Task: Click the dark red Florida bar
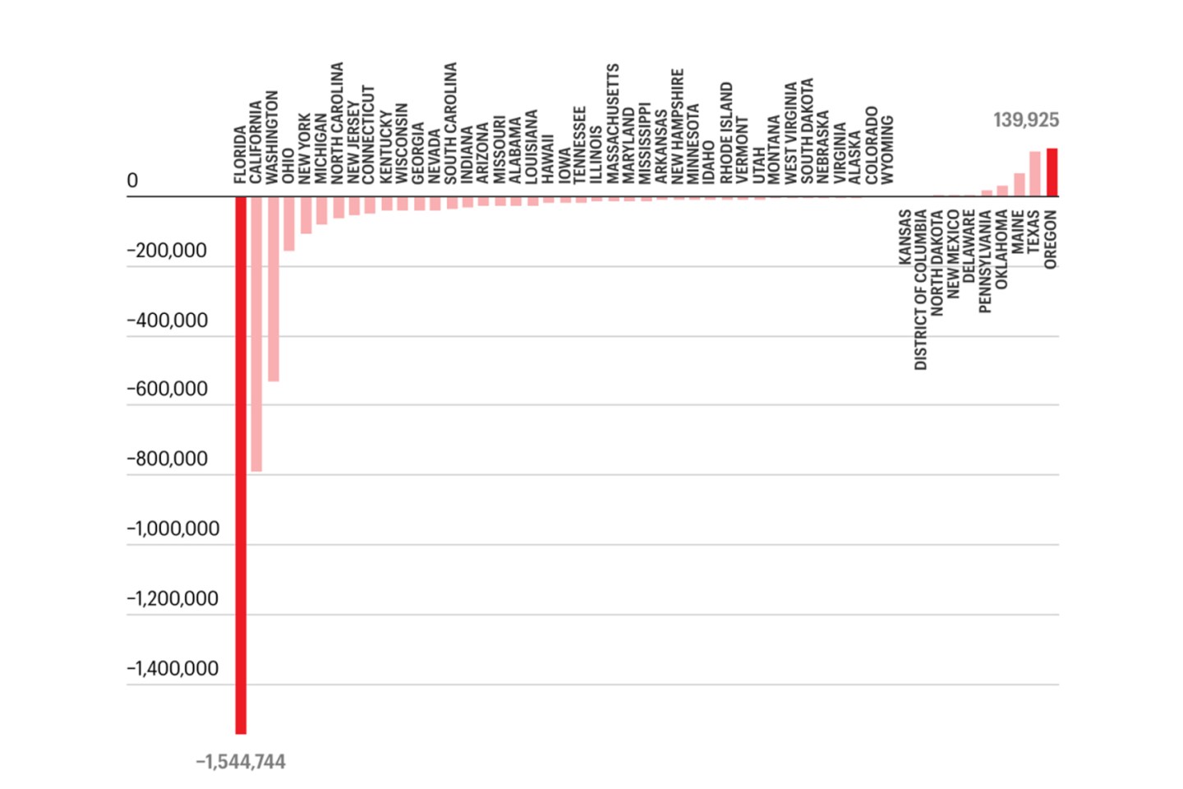pos(241,464)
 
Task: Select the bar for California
pos(256,334)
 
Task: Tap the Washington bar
pos(273,288)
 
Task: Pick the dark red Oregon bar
pos(1052,173)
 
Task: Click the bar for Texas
pos(1035,174)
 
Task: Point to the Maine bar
pos(1019,185)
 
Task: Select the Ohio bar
pos(289,224)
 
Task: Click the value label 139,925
pos(1025,120)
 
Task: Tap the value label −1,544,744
pos(241,762)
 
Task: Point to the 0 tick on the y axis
pos(132,181)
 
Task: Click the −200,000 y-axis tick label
pos(167,251)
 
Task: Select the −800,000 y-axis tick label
pos(167,459)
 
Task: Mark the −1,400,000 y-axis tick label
pos(173,668)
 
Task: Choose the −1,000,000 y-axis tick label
pos(173,528)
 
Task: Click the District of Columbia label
pos(921,289)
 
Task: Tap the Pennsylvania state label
pos(986,261)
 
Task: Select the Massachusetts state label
pos(613,123)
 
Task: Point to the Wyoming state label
pos(887,150)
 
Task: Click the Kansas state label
pos(905,238)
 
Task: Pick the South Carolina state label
pos(450,123)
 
